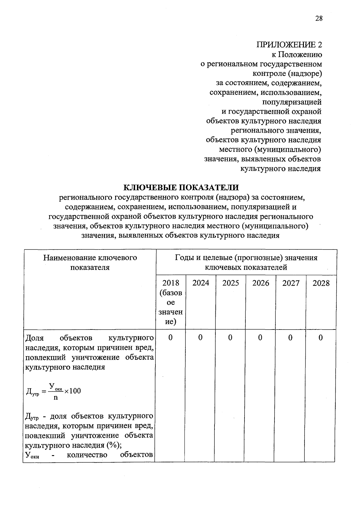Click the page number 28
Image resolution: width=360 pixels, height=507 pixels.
319,18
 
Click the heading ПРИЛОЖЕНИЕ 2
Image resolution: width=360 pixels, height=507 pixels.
289,45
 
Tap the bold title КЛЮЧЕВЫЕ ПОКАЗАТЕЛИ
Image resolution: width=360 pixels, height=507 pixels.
181,188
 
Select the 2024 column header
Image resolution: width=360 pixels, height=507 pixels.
201,283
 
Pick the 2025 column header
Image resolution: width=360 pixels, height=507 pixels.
231,283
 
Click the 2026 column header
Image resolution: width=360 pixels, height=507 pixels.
261,283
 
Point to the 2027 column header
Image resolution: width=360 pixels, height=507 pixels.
291,283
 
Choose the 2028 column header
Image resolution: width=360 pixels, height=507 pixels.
321,283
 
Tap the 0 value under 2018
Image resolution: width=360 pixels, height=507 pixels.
170,338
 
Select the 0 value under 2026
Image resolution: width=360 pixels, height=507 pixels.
260,338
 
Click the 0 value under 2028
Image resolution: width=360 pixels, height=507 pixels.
321,338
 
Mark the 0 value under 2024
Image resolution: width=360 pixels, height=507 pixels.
200,338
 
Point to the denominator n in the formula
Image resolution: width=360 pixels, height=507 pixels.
55,398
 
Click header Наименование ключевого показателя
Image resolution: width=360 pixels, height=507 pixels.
90,262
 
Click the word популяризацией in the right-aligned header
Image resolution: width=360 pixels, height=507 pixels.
292,102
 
